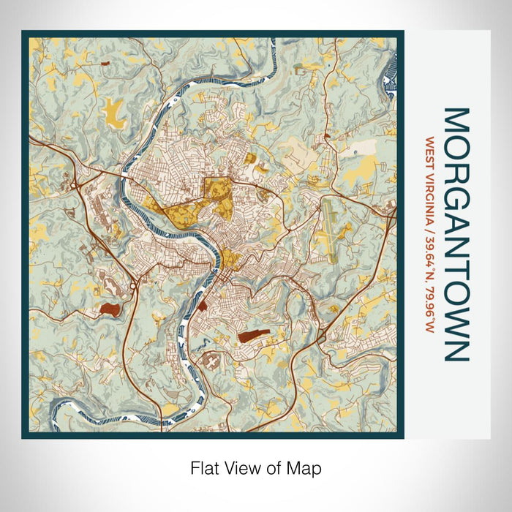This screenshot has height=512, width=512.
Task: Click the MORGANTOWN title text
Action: (454, 235)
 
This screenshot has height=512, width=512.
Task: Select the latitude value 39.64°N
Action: (430, 255)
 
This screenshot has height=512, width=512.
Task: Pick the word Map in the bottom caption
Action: (306, 467)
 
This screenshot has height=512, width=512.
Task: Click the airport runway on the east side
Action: (330, 231)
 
